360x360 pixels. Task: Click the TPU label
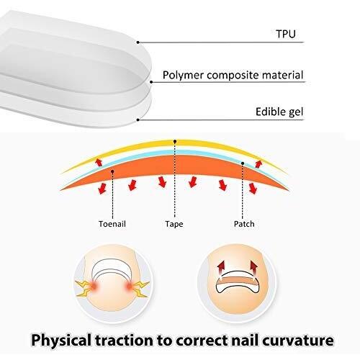click(x=286, y=34)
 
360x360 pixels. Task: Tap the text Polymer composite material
click(x=233, y=75)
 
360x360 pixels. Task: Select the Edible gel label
click(x=279, y=112)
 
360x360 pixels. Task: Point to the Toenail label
click(x=112, y=224)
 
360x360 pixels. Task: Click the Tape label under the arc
click(x=174, y=224)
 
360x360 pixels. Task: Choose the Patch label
click(x=244, y=224)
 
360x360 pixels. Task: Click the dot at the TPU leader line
click(x=138, y=42)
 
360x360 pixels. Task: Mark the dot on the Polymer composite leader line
click(x=151, y=82)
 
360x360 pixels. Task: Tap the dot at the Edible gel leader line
click(x=138, y=120)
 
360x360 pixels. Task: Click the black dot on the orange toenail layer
click(x=112, y=171)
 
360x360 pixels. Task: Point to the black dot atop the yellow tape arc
click(x=175, y=142)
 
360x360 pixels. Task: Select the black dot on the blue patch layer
click(x=243, y=163)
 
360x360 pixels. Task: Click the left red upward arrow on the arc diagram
click(x=99, y=162)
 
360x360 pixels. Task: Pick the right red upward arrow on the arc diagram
click(x=258, y=163)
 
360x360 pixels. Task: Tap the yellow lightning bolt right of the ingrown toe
click(x=141, y=289)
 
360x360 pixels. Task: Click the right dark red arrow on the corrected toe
click(x=253, y=267)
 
